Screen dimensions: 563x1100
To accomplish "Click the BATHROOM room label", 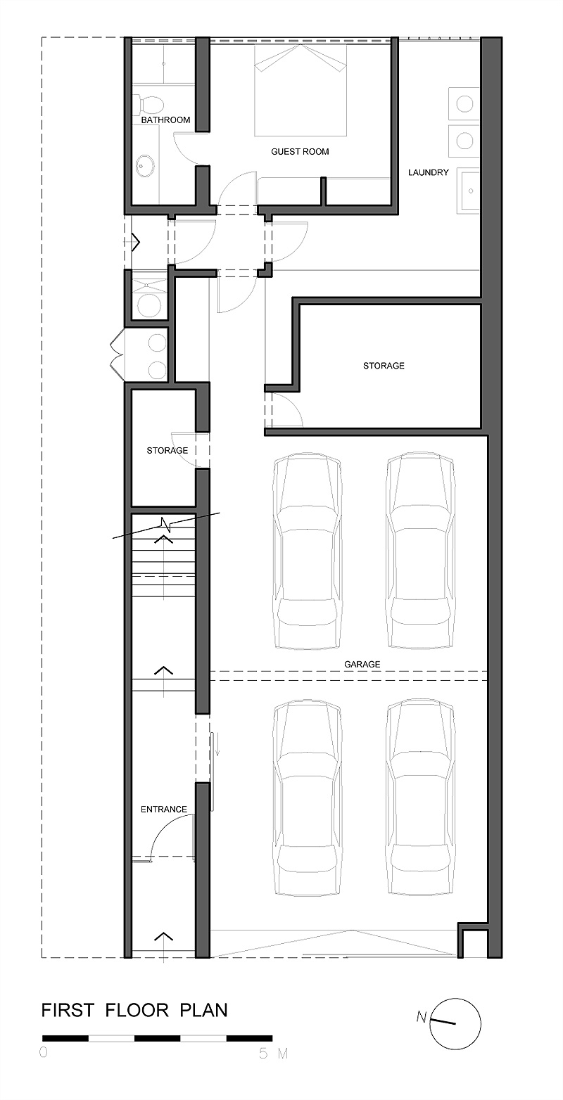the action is click(x=165, y=120).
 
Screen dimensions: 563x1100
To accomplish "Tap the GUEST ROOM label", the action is click(x=300, y=152).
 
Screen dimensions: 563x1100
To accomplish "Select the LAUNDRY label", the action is click(x=429, y=172).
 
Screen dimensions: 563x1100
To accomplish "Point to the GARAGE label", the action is click(x=362, y=664).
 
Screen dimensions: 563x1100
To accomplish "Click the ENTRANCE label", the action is click(x=163, y=809).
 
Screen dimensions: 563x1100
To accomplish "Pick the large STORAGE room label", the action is click(x=384, y=365).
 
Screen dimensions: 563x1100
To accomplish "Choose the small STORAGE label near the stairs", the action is click(x=167, y=450).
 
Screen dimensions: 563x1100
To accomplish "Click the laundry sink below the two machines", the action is click(x=469, y=191).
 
